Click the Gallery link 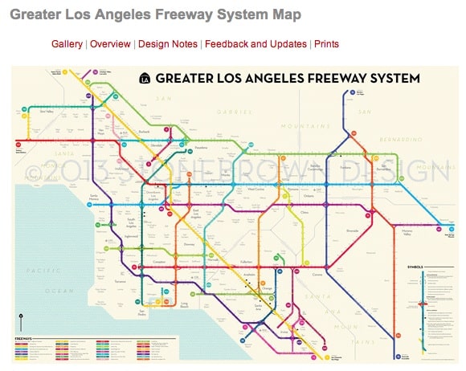click(67, 44)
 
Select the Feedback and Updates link click(255, 44)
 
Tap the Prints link click(326, 44)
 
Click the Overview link click(111, 44)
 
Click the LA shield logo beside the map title click(145, 78)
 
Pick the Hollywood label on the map click(122, 169)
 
